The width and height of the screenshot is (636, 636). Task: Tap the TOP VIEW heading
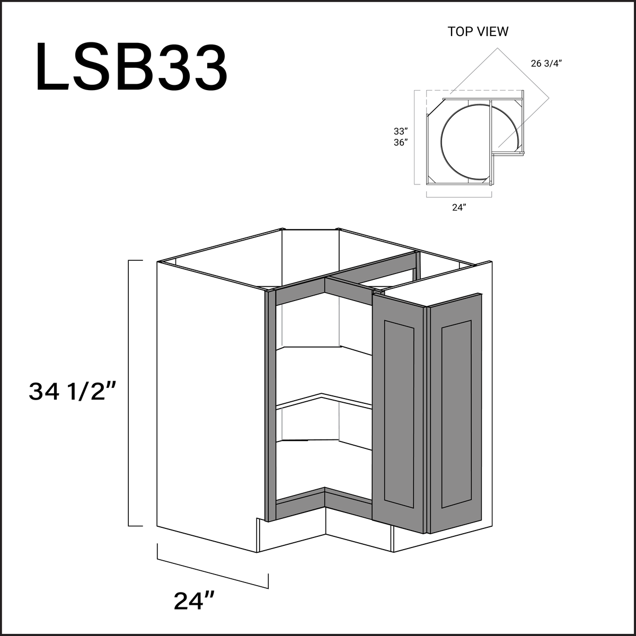coord(478,31)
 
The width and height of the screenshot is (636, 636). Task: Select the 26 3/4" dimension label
coord(545,64)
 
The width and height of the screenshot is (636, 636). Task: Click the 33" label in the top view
coord(401,131)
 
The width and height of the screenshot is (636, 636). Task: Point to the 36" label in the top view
coord(401,143)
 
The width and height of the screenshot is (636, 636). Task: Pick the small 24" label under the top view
coord(458,208)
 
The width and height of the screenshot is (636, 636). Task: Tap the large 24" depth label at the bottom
coord(194,601)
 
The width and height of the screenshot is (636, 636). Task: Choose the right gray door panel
coord(456,413)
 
